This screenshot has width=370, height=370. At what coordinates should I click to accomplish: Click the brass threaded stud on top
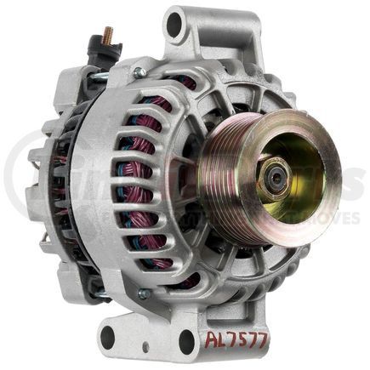109,35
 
